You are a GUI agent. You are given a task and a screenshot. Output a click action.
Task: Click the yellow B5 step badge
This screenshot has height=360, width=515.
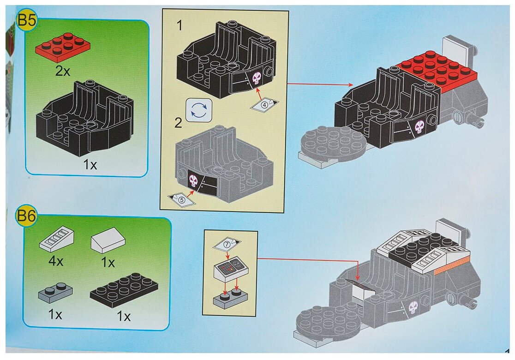tap(26, 21)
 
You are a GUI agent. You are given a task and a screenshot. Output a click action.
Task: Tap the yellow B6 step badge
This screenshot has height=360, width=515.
tap(26, 216)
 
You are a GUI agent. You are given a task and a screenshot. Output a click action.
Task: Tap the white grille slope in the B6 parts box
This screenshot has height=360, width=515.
tap(57, 239)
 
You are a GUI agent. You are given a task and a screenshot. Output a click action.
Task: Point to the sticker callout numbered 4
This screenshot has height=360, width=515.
tap(264, 104)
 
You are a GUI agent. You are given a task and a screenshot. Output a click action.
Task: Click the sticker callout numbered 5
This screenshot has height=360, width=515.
tap(181, 199)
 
